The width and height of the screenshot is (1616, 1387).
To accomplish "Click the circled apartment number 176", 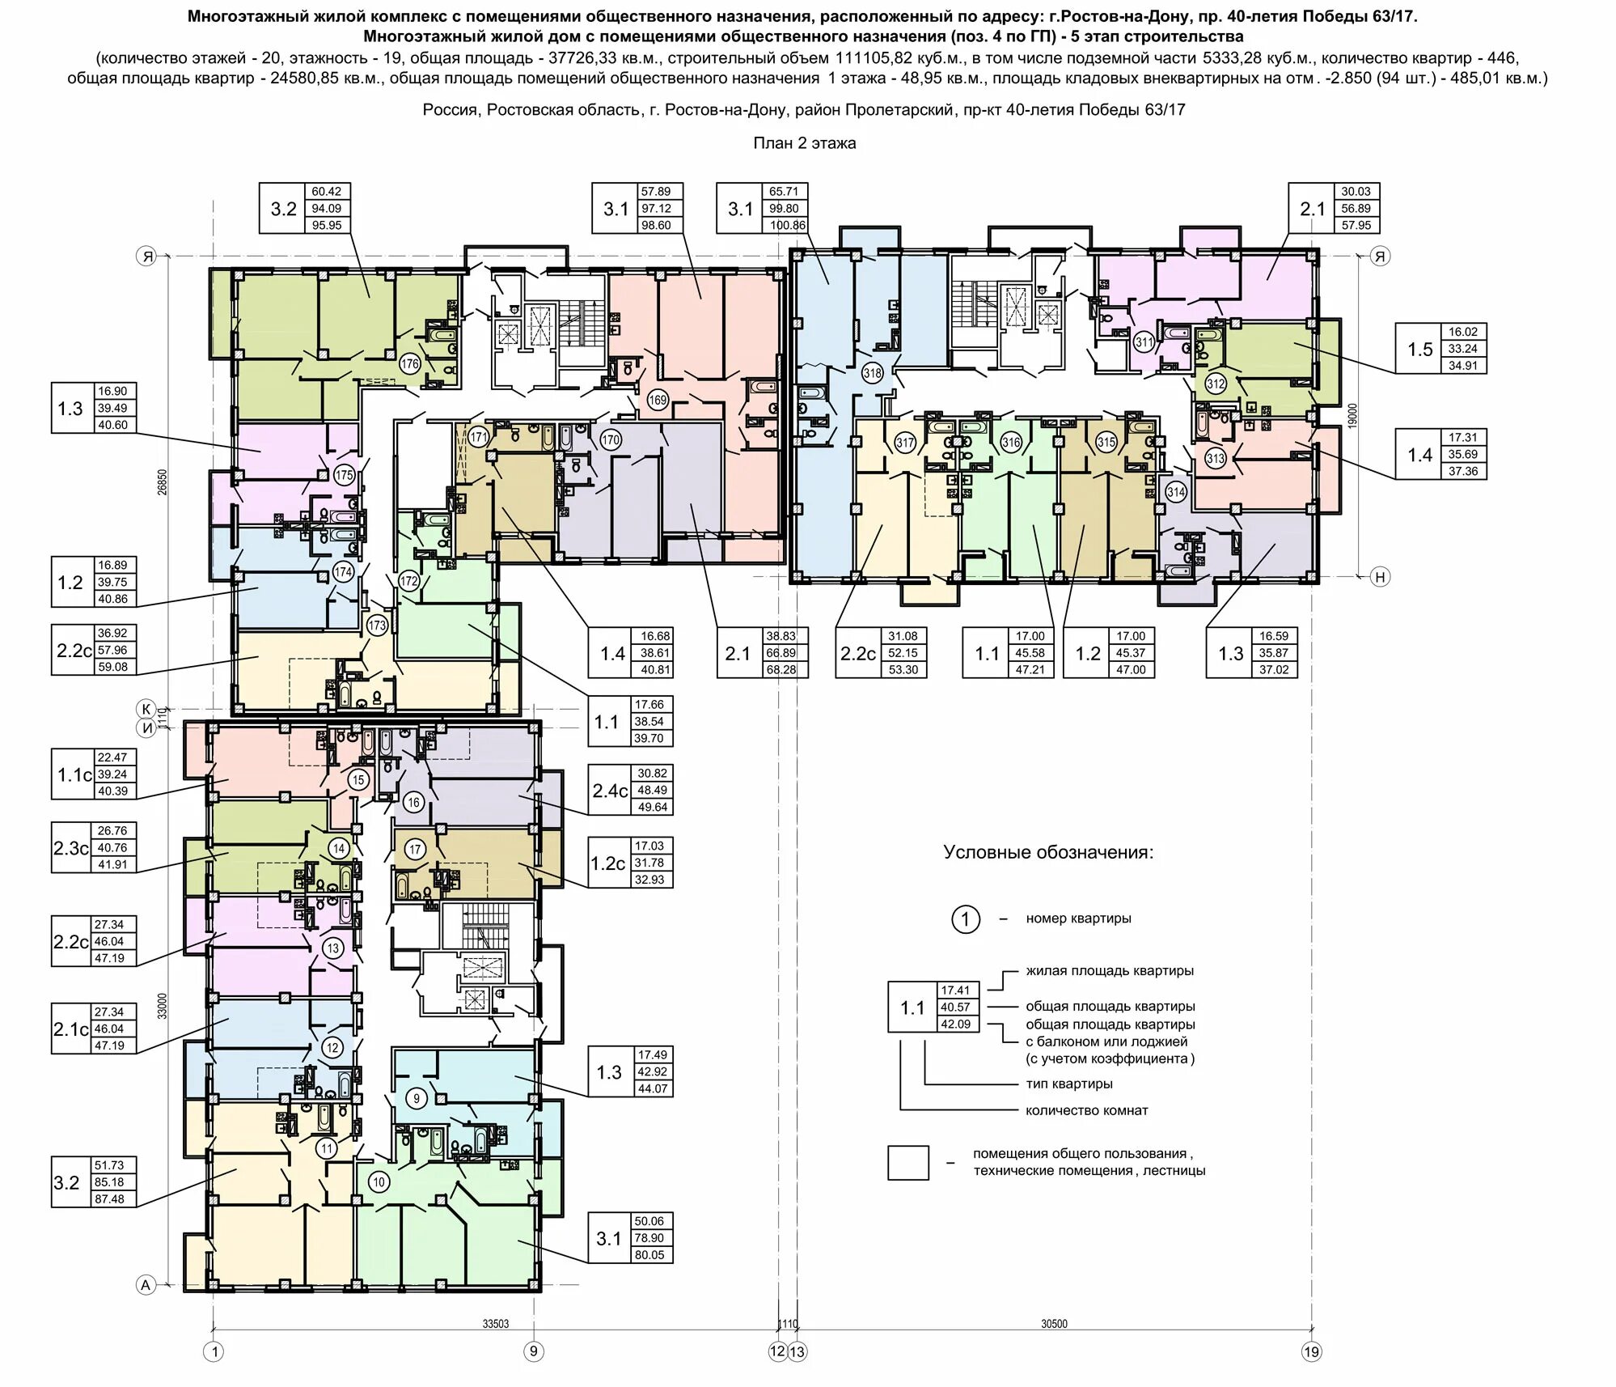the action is tap(410, 364).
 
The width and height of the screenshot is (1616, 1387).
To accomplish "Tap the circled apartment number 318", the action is tap(872, 373).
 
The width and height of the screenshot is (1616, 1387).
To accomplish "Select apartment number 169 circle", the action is tap(658, 400).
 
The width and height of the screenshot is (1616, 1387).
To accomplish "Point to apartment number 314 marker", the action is tap(1176, 491).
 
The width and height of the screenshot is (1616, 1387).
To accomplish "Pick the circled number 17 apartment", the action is tap(415, 849).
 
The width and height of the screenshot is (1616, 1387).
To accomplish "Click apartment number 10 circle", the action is tap(379, 1182).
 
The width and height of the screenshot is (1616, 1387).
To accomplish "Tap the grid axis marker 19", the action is tap(1311, 1351).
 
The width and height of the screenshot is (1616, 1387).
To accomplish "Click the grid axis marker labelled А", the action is tap(146, 1285).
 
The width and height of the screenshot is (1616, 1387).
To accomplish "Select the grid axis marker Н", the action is tap(1381, 577).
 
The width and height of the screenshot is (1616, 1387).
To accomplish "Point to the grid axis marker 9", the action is tap(533, 1351).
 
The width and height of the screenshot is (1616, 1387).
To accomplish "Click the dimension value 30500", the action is tap(1054, 1325).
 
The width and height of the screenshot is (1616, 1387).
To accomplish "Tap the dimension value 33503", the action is tap(496, 1325).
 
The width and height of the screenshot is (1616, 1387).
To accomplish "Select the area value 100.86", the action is tap(788, 226).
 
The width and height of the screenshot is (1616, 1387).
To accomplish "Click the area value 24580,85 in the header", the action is tap(295, 78).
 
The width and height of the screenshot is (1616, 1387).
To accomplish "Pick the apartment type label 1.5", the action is tap(1419, 350).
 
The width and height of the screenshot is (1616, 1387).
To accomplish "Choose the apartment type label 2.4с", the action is tap(610, 791).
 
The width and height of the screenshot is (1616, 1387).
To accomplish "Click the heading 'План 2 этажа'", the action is tap(805, 143).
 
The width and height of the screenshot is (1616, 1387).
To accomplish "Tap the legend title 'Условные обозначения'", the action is tap(1048, 852).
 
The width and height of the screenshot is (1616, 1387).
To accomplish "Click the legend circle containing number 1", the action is tap(965, 919).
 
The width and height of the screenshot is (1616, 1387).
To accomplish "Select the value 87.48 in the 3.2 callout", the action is tap(109, 1199).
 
